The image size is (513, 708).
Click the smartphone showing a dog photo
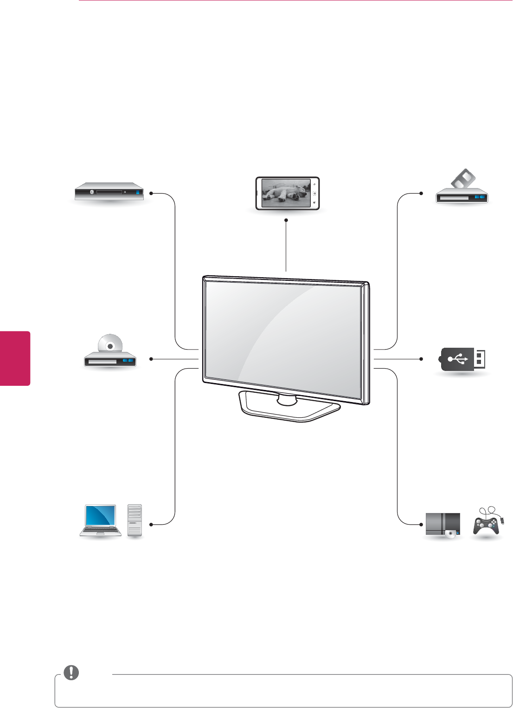(x=288, y=193)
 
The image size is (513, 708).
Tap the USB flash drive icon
(x=462, y=359)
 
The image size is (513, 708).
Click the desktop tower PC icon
(x=135, y=521)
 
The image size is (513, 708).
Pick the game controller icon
(x=486, y=525)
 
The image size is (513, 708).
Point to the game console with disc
(x=443, y=525)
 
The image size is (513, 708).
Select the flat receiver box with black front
(x=109, y=191)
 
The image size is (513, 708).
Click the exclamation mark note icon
(x=71, y=673)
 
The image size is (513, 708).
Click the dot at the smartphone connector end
(x=286, y=220)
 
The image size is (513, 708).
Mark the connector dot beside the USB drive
(x=421, y=359)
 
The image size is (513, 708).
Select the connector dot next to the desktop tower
(x=151, y=525)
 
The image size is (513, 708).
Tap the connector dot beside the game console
(x=421, y=525)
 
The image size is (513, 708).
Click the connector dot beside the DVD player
(x=151, y=359)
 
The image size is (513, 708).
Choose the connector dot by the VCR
(x=421, y=193)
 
